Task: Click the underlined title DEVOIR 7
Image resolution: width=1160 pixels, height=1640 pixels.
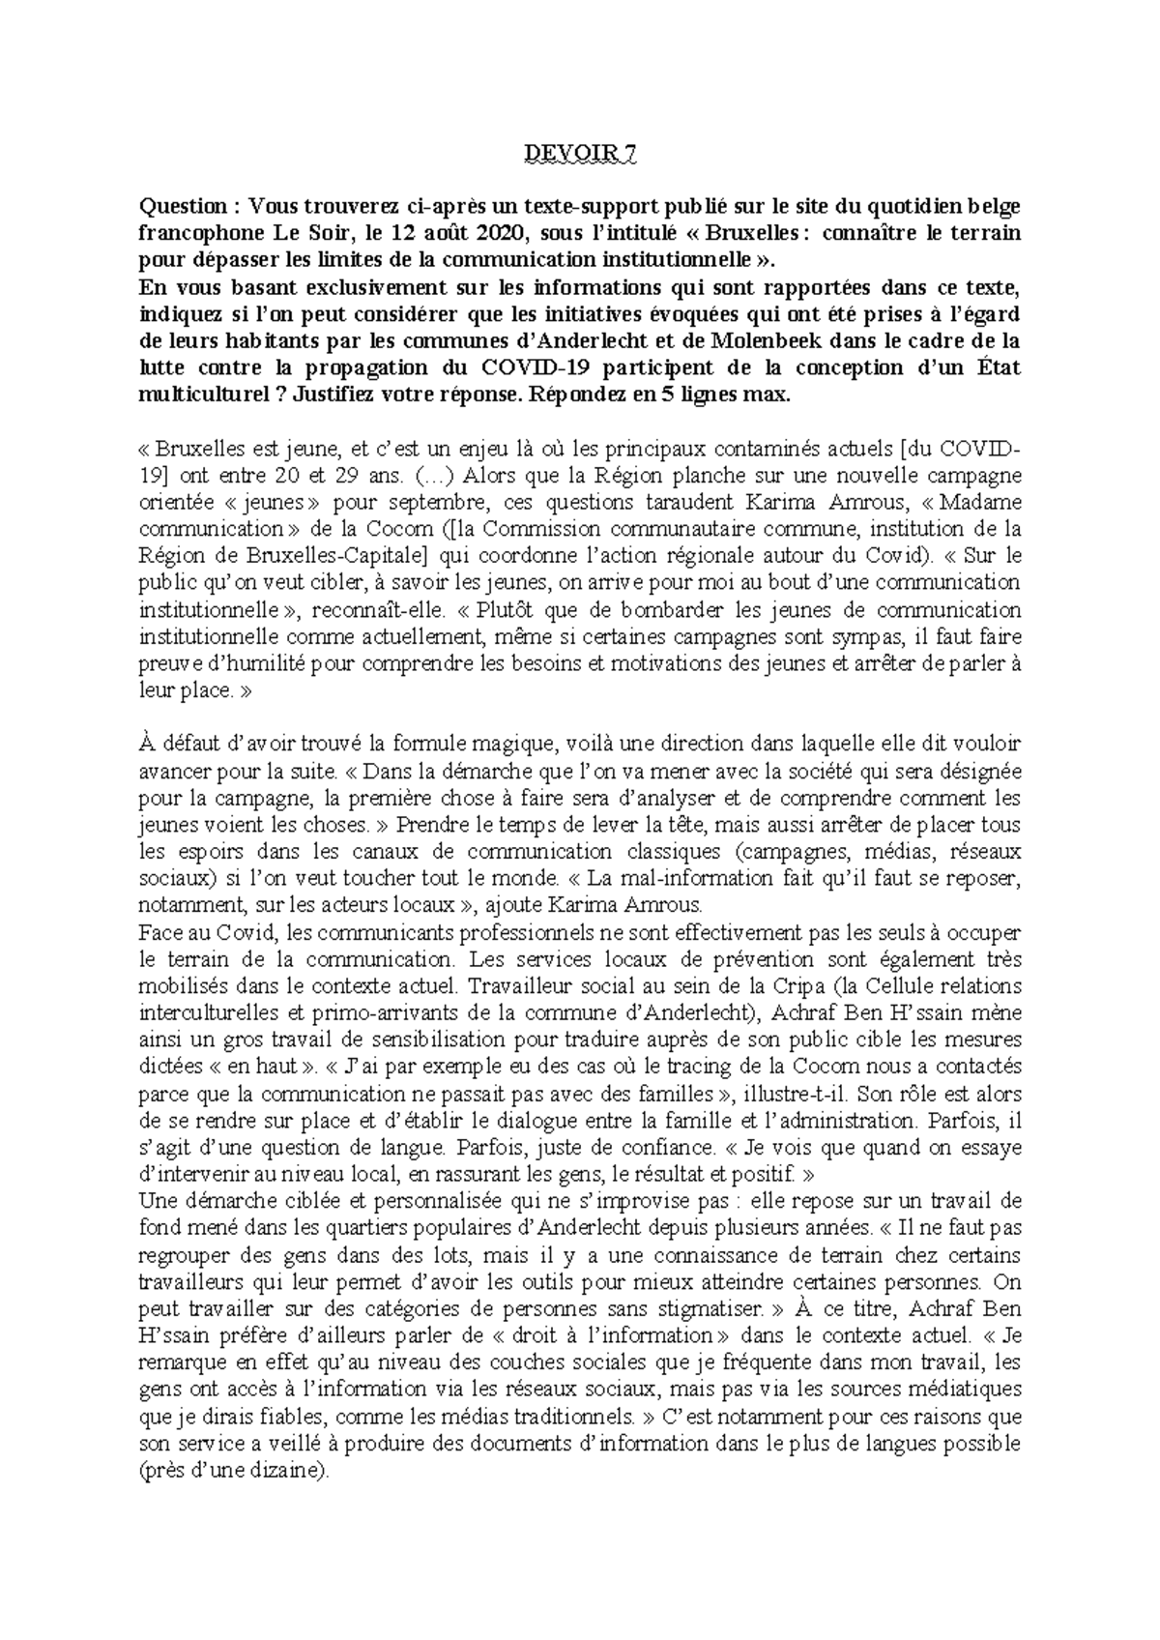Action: tap(580, 154)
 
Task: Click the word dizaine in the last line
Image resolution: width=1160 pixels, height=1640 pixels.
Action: tap(288, 1471)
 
